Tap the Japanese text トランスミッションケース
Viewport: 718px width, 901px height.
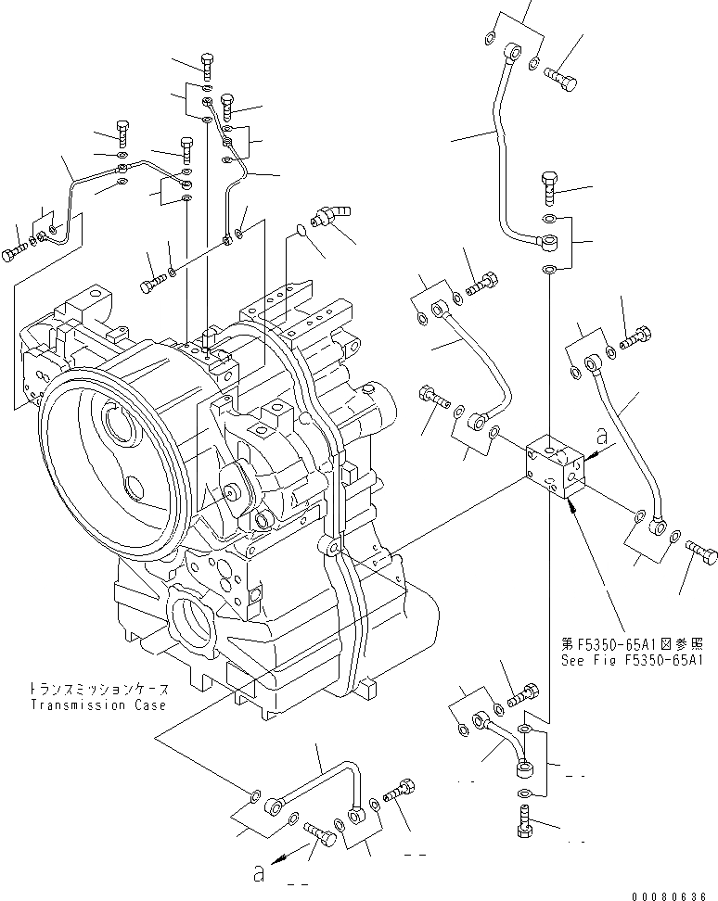(x=98, y=690)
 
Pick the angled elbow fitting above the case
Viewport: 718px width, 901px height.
(x=329, y=215)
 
